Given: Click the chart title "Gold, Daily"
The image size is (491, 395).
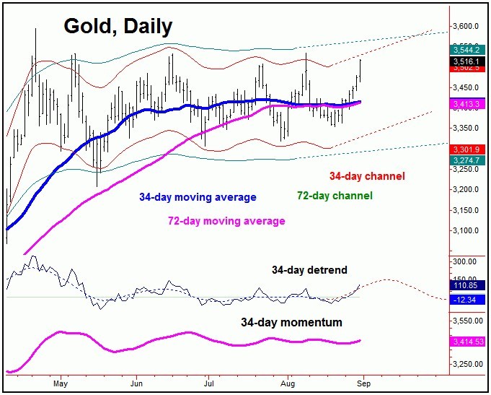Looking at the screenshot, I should [118, 27].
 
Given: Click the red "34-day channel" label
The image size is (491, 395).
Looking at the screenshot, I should [367, 176].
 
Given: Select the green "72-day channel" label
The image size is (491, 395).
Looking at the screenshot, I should [335, 196].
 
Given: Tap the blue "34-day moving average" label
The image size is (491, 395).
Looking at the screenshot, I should [198, 197].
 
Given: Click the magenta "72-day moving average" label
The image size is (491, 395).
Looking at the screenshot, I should [226, 220].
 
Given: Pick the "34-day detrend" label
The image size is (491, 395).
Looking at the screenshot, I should [309, 270].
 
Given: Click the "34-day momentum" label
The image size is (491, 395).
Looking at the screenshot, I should [292, 322].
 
